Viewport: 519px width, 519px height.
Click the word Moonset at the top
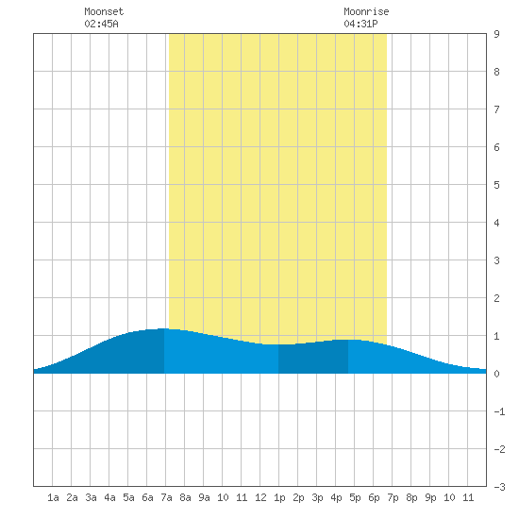tap(104, 11)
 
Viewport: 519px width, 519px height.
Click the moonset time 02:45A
tap(101, 24)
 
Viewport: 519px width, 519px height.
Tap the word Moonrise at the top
tap(366, 11)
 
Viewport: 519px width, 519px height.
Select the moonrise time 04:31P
tap(360, 24)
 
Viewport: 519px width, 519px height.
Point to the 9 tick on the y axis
tap(496, 34)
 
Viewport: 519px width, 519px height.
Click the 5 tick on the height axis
tap(496, 185)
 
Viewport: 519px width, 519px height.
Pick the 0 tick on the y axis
tap(496, 374)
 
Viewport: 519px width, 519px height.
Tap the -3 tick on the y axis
tap(499, 487)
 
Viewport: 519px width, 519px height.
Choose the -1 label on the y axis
tap(499, 411)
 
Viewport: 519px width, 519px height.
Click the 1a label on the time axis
tap(53, 497)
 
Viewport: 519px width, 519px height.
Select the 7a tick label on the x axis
tap(166, 497)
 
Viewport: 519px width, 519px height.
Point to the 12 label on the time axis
tap(260, 497)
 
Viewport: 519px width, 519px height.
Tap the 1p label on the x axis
tap(279, 497)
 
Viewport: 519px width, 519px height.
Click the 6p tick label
tap(374, 497)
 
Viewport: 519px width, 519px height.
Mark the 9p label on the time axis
tap(430, 497)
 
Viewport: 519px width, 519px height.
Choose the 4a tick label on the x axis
tap(109, 497)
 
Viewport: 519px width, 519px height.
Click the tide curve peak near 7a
tap(163, 328)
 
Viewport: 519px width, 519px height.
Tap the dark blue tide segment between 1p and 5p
tap(313, 357)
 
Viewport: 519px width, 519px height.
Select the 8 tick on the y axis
tap(496, 72)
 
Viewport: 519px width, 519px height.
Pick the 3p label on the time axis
tap(317, 497)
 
